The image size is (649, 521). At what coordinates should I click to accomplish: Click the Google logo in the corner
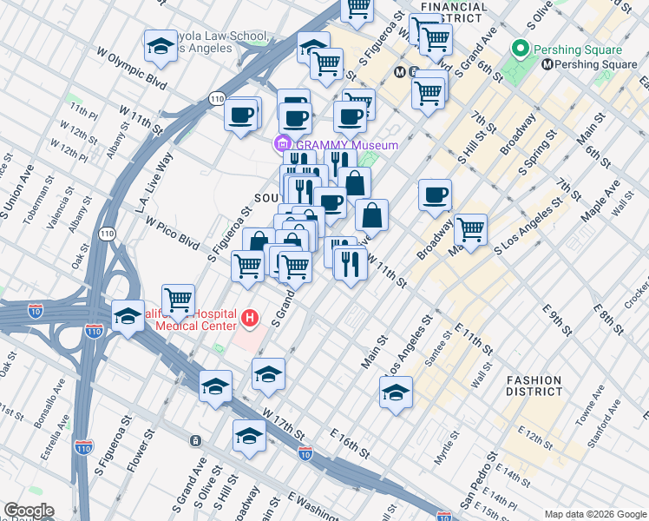click(28, 511)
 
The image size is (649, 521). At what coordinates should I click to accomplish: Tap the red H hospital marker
click(251, 319)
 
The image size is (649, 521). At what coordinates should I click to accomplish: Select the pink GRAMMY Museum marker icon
click(282, 144)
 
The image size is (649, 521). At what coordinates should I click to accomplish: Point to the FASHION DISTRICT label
click(534, 386)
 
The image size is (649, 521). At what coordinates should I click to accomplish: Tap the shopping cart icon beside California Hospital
click(178, 300)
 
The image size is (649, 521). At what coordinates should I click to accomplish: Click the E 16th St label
click(350, 444)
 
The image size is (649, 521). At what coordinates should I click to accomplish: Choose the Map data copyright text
click(593, 514)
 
